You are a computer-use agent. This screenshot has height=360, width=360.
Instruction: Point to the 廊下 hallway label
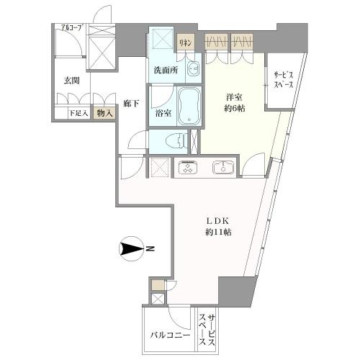pos(130,104)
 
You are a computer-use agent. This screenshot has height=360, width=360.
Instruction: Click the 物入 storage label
pos(104,113)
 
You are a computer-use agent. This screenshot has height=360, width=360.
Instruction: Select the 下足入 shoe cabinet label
pos(78,113)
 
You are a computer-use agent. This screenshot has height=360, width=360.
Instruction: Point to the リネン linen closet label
pos(186,42)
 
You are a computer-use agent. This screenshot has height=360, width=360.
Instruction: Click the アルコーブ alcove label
pos(71,29)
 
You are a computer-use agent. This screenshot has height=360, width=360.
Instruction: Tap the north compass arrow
pos(132,249)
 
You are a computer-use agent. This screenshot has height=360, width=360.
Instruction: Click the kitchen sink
pos(222,168)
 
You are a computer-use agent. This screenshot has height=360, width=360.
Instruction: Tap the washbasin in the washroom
pos(193,70)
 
